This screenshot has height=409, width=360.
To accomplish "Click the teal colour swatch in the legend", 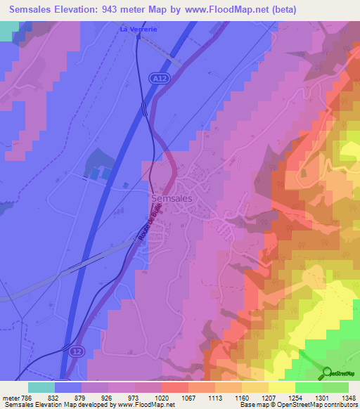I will tap(41, 387).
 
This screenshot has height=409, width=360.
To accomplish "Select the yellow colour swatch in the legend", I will tap(281, 387).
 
